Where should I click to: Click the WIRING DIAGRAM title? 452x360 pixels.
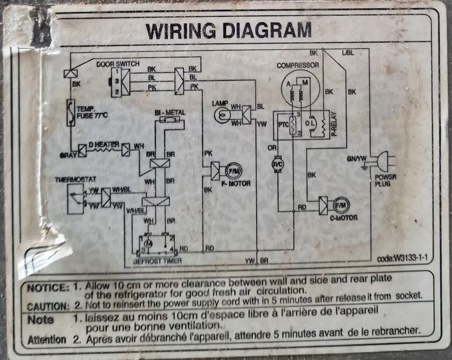229,30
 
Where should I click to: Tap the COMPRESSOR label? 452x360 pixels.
298,66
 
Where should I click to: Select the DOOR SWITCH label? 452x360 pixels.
118,64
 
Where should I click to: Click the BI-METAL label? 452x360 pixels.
169,112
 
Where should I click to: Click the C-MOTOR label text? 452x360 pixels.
343,218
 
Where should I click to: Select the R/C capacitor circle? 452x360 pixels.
278,163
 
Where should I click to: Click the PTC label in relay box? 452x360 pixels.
283,124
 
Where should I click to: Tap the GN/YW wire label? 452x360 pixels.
357,159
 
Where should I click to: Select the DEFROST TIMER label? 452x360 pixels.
157,261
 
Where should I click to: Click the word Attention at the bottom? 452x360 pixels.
47,339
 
